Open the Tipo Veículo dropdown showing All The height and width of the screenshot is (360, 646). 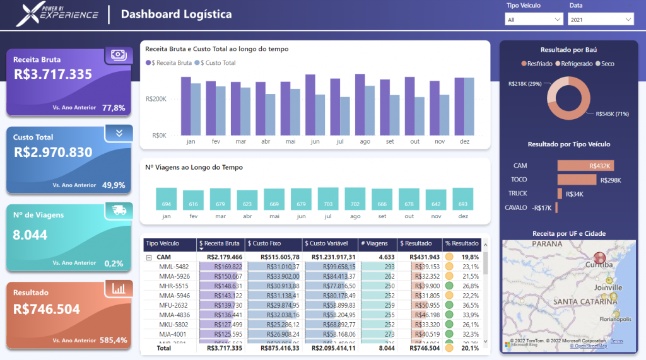(534, 20)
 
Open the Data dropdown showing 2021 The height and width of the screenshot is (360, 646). (601, 20)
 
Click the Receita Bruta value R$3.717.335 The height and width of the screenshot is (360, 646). (53, 74)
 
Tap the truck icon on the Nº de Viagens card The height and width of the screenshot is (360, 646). (119, 210)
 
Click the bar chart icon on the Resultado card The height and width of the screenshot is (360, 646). (119, 288)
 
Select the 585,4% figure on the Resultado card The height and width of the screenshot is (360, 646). (114, 340)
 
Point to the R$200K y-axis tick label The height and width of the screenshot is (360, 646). (155, 99)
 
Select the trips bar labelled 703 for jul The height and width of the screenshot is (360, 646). (328, 199)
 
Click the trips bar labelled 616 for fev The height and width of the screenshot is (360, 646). (194, 200)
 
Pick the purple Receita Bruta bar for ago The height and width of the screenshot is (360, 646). (360, 104)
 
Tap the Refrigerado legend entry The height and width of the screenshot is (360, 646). (576, 64)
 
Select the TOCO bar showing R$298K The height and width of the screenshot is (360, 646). (577, 180)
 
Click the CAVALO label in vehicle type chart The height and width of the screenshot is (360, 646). (515, 207)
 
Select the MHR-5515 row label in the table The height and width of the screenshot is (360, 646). (174, 286)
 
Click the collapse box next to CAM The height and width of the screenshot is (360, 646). (149, 257)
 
